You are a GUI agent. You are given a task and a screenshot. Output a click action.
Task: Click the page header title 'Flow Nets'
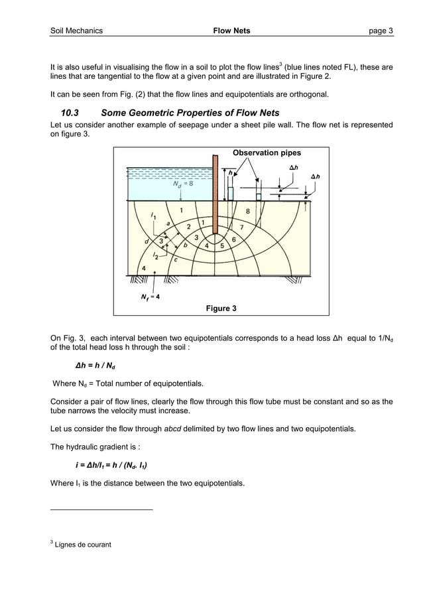pyautogui.click(x=231, y=31)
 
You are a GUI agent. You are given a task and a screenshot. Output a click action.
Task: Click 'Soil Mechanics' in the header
pyautogui.click(x=77, y=31)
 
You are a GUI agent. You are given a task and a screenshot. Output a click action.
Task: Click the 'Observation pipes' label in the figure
pyautogui.click(x=267, y=153)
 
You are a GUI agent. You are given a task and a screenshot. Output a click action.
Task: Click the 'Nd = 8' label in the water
pyautogui.click(x=183, y=184)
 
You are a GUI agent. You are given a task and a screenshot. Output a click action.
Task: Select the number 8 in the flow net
pyautogui.click(x=247, y=212)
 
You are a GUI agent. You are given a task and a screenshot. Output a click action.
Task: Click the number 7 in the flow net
pyautogui.click(x=241, y=227)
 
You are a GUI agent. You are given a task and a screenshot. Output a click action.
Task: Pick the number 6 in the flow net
pyautogui.click(x=234, y=239)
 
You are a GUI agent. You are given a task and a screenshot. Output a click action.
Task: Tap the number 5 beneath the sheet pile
pyautogui.click(x=222, y=245)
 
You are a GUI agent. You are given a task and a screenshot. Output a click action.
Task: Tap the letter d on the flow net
pyautogui.click(x=147, y=241)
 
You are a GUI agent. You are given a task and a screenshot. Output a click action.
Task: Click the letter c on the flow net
pyautogui.click(x=175, y=259)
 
